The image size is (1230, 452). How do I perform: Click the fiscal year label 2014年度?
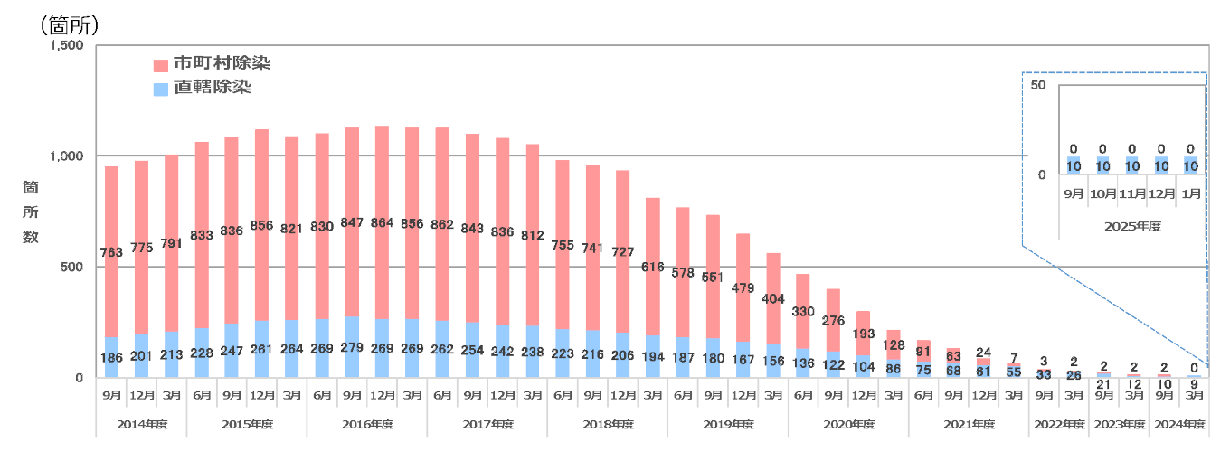pos(141,424)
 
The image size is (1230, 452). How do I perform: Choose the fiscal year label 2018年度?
pos(607,424)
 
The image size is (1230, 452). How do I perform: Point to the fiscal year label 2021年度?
pos(968,424)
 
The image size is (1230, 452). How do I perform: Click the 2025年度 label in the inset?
pos(1131,226)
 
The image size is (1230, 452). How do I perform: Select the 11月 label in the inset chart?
pos(1131,193)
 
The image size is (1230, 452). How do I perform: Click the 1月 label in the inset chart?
pos(1191,193)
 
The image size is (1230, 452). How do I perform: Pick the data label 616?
pos(652,267)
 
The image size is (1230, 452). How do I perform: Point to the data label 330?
pos(802,312)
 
